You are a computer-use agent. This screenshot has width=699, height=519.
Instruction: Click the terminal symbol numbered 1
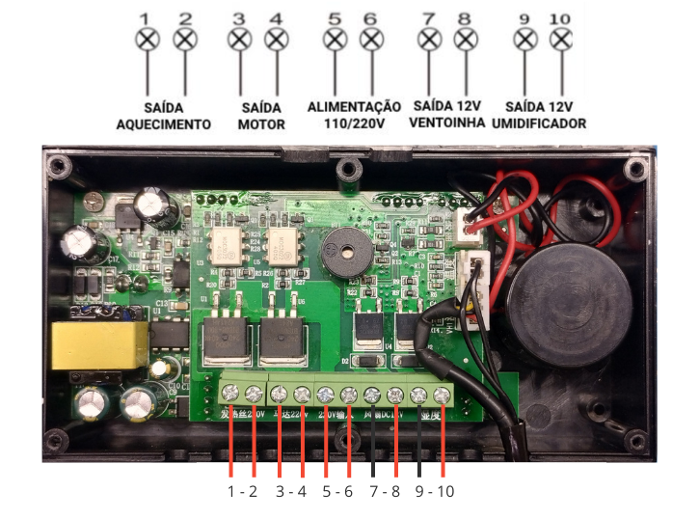pos(147,40)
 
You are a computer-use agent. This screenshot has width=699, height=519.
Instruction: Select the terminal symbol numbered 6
pos(370,40)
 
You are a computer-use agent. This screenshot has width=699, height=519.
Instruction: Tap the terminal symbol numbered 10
pos(560,40)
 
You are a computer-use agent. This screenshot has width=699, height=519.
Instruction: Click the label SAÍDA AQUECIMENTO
pos(163,116)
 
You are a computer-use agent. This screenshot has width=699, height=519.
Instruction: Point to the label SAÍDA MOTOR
pos(261,116)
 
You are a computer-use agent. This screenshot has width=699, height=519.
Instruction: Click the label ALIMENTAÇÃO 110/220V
pos(354,116)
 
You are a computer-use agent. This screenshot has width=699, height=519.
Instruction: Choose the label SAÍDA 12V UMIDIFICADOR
pos(539,116)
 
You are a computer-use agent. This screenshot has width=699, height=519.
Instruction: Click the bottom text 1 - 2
pos(242,491)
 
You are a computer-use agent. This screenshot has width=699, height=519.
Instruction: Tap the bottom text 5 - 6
pos(336,491)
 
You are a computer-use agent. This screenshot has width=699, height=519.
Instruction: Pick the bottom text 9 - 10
pos(431,491)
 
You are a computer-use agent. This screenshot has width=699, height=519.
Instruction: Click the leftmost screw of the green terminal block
pos(232,393)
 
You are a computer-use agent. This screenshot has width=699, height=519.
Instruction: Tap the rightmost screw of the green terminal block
pos(443,395)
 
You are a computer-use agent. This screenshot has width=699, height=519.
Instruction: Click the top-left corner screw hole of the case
pos(62,170)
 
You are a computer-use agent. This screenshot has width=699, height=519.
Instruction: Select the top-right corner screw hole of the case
pos(633,170)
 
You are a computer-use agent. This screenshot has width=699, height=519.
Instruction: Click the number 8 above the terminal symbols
pos(465,17)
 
